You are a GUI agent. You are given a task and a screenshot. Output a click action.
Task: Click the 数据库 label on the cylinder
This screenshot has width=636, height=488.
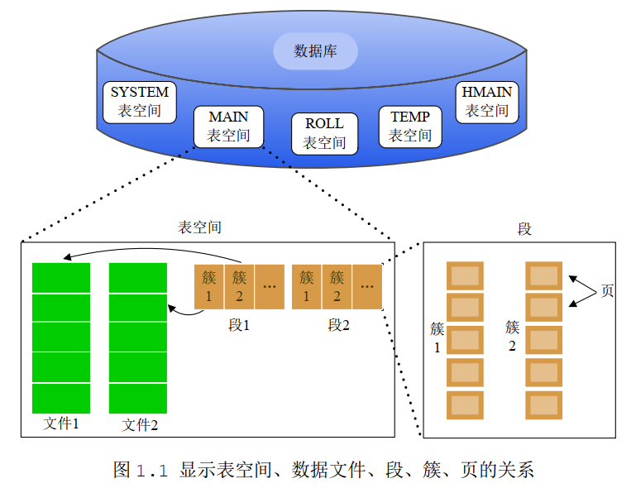point(315,51)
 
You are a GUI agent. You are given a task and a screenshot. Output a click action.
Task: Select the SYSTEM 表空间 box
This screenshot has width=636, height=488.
point(139,101)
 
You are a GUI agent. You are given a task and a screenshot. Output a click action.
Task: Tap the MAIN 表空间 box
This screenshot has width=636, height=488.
point(228,127)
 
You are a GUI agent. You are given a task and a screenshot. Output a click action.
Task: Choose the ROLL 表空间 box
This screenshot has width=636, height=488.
point(324,133)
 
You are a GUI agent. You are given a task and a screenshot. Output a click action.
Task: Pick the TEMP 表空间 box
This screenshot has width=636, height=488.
point(410,126)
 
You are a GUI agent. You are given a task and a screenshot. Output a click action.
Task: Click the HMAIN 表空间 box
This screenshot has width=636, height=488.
point(486,101)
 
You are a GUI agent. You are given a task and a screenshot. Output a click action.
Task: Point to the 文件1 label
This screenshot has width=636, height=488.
point(61,423)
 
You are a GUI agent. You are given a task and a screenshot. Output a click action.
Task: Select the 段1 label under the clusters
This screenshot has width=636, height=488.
point(239,325)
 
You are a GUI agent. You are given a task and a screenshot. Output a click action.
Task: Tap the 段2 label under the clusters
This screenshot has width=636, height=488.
point(338,325)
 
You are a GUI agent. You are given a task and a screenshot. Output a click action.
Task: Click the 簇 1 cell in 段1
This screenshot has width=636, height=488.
point(209,286)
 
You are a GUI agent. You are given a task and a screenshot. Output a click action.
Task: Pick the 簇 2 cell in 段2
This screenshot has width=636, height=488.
point(337,286)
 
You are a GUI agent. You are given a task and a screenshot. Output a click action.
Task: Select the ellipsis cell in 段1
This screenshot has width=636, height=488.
point(270,286)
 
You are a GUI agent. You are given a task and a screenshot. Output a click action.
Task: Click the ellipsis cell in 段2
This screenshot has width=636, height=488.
point(367,286)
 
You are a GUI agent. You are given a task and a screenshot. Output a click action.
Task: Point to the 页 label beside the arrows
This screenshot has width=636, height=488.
point(607,291)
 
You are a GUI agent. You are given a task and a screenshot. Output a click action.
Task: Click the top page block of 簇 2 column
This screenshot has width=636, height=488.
point(544,275)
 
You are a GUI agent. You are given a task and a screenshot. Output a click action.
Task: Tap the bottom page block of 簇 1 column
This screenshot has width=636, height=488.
point(465,404)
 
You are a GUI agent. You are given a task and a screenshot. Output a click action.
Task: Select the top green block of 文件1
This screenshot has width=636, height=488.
point(61,277)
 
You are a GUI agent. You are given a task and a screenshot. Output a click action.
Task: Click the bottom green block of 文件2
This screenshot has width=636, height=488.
point(138,398)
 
